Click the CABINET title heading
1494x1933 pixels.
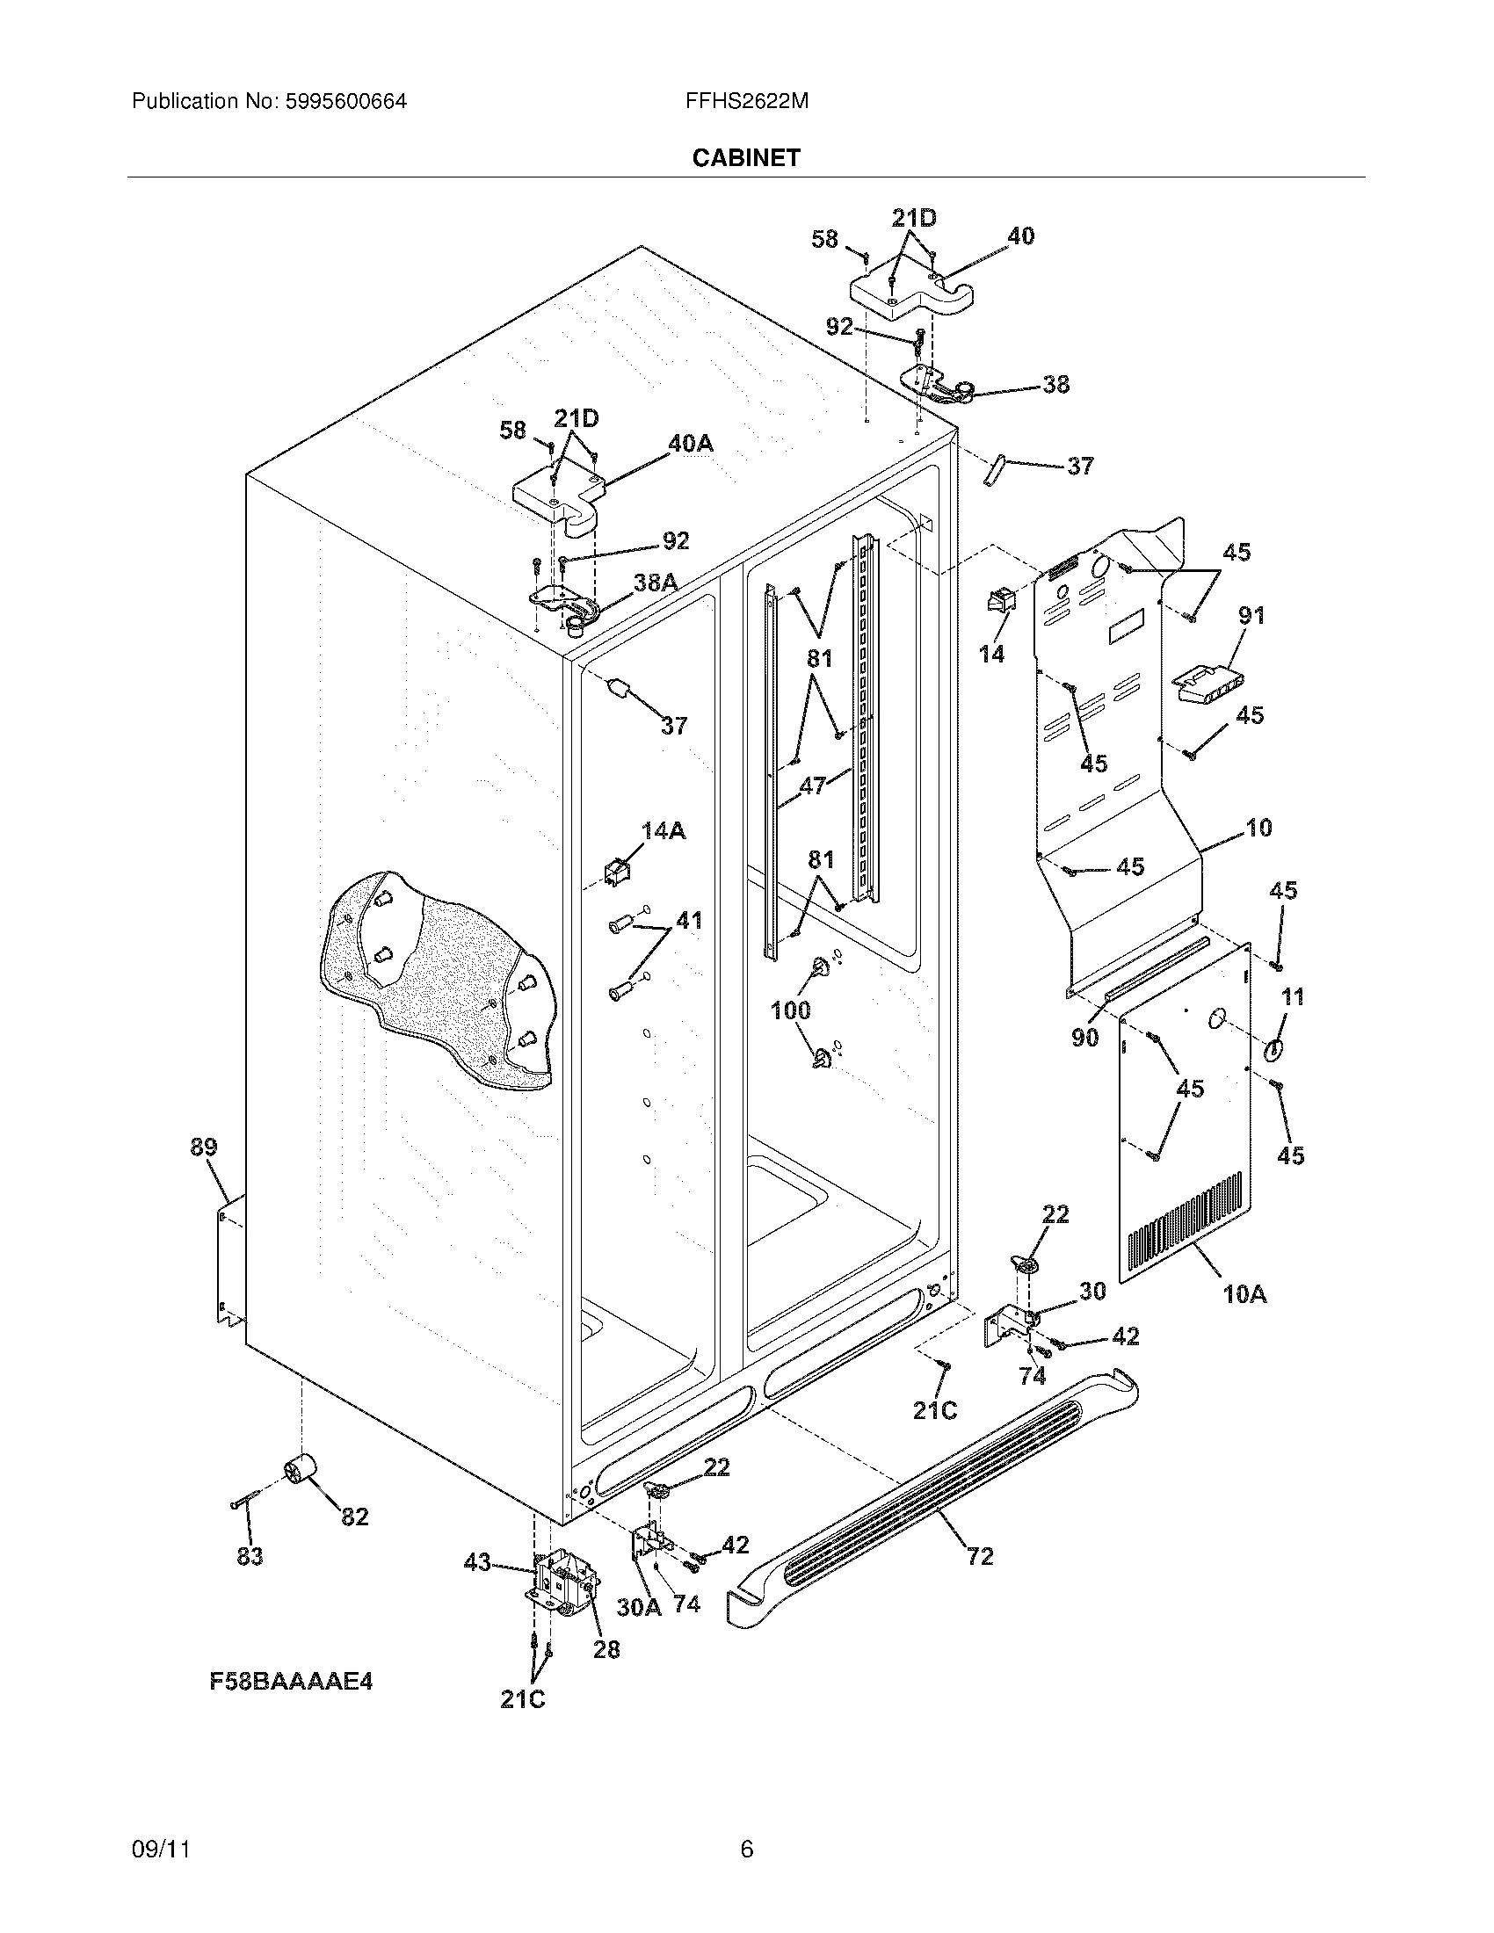click(x=745, y=157)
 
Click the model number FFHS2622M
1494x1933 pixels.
click(x=746, y=101)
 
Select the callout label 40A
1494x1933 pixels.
click(x=690, y=444)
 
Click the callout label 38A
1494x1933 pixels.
click(x=656, y=582)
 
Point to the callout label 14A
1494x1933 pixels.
click(x=663, y=830)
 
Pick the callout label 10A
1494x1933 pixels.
click(x=1244, y=1294)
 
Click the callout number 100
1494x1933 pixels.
click(x=790, y=1010)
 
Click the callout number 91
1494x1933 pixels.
click(x=1251, y=615)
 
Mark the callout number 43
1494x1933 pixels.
click(x=478, y=1563)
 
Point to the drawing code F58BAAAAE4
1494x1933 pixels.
click(x=291, y=1680)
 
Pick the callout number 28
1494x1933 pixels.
click(x=606, y=1649)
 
